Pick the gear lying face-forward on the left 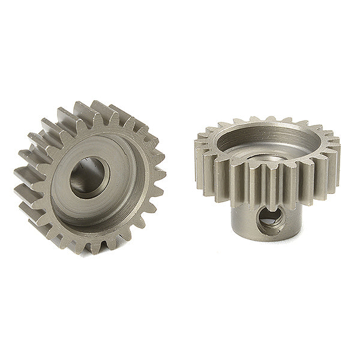(90, 177)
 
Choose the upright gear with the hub (267, 180)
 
